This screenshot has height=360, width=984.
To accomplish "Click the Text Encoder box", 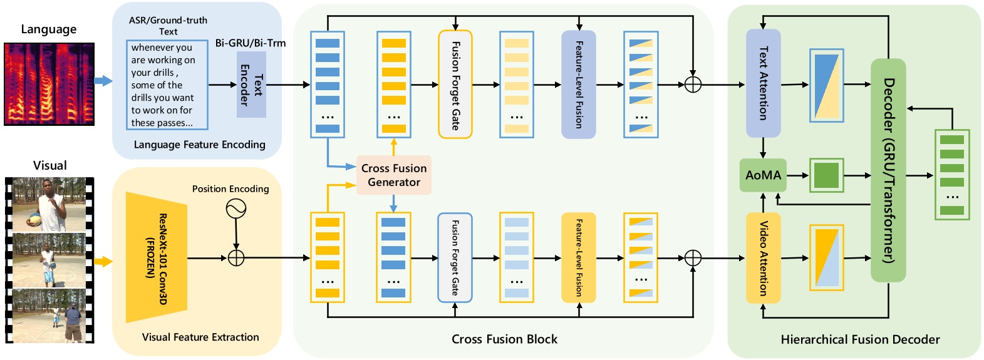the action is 251,85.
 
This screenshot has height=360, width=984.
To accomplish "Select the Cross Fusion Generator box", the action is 393,175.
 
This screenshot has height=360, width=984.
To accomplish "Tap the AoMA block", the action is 763,175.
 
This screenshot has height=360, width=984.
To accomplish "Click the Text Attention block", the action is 764,83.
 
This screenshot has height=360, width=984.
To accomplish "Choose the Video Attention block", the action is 764,258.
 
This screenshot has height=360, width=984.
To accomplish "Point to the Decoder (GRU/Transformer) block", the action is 888,170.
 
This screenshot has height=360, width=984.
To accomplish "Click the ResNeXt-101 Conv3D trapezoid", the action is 157,257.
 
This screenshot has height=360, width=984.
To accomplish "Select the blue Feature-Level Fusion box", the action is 579,85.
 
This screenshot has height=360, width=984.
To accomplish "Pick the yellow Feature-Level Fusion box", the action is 579,258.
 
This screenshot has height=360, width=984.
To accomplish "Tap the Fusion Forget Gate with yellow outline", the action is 455,85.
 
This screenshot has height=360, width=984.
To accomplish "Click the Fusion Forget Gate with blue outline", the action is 455,258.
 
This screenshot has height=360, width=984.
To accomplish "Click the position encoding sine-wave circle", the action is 236,208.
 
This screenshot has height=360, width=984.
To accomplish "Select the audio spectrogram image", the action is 49,84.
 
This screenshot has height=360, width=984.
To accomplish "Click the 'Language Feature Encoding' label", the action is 199,145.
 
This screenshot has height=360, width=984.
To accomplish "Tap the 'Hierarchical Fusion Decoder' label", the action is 860,339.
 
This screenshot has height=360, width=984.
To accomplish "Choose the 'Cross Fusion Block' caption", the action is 504,339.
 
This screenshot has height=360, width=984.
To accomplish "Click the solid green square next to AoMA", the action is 826,175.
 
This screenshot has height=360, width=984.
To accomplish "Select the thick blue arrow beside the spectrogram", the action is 103,81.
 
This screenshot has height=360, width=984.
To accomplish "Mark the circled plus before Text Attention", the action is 693,85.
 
